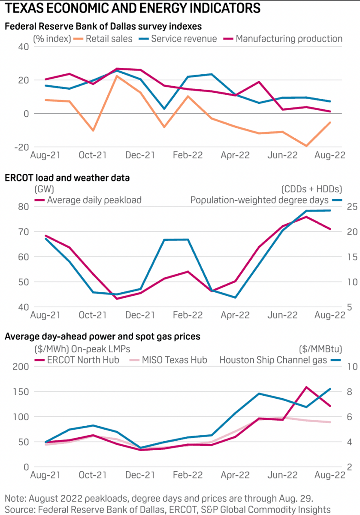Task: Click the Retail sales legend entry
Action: pyautogui.click(x=109, y=39)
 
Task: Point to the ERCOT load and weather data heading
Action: pyautogui.click(x=67, y=178)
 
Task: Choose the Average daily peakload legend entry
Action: pyautogui.click(x=94, y=200)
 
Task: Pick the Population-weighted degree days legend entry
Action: pyautogui.click(x=260, y=200)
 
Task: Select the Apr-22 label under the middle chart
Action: pyautogui.click(x=235, y=315)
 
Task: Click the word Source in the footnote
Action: pyautogui.click(x=17, y=509)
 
